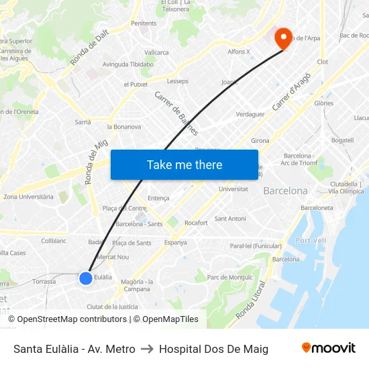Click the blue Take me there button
coord(184,164)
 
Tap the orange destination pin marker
coord(284,38)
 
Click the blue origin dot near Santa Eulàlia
coord(86,278)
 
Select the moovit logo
coord(328,348)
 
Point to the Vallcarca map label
coord(156,52)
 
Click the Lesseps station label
coord(178,81)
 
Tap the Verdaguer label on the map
coord(250,114)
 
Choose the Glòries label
coord(323,103)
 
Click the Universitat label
coord(233,189)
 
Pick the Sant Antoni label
coord(230,219)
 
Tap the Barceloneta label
coord(317,208)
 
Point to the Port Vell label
coord(311,240)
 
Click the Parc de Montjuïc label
coord(230,277)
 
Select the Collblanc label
coord(54,240)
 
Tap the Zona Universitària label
coord(28,197)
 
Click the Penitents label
coord(144,23)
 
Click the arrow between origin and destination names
coord(147,349)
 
